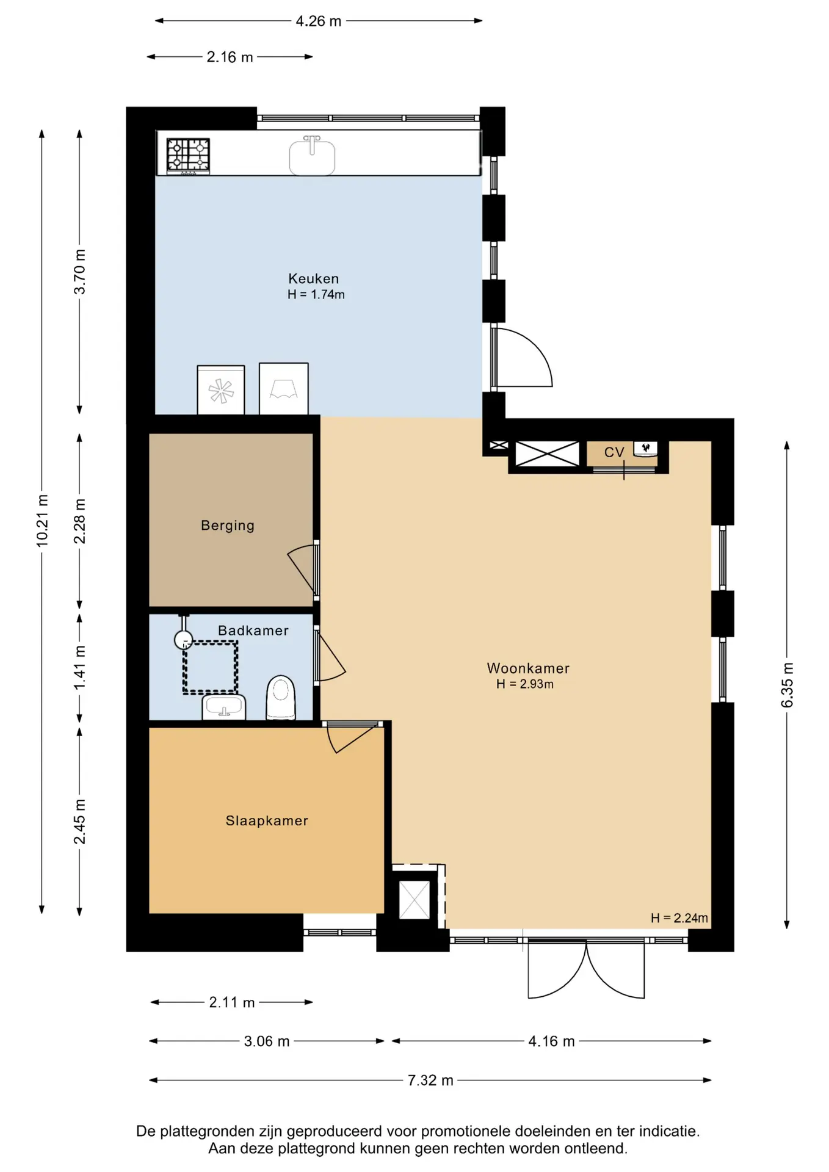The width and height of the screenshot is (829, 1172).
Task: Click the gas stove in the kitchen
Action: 188,156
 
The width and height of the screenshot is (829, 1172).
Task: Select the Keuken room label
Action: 314,279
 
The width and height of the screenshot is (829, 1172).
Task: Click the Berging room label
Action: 228,526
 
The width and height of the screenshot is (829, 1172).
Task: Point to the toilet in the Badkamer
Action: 281,697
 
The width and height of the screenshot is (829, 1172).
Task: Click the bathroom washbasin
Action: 224,707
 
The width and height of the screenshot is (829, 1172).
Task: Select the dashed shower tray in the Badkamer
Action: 210,667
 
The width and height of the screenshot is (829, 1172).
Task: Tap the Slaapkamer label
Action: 267,821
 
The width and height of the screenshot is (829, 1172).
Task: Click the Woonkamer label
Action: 528,668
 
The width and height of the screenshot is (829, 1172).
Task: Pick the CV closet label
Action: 614,452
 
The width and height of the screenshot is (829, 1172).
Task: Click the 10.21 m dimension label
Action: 42,521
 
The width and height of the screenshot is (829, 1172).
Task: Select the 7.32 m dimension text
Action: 430,1080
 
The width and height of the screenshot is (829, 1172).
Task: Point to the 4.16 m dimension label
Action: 551,1041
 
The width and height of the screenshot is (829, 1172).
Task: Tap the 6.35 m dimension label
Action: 787,685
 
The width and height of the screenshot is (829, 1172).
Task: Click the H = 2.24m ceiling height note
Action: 679,918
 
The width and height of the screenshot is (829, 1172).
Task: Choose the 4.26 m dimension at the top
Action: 319,21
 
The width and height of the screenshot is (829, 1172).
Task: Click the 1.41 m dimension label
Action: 80,668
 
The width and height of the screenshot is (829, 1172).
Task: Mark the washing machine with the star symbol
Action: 221,390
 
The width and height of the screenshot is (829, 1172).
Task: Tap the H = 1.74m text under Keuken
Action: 316,295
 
